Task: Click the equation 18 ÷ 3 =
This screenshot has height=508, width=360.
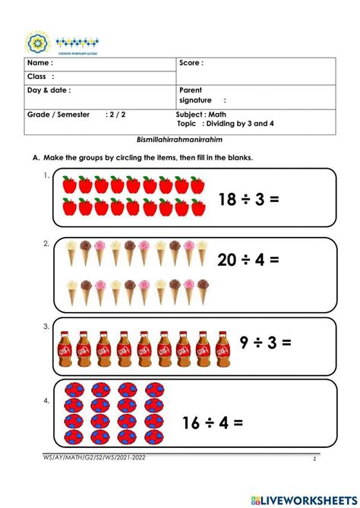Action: [x=249, y=200]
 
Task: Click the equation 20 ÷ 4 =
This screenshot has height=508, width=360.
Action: [x=248, y=260]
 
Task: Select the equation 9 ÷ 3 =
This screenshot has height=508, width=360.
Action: [x=265, y=342]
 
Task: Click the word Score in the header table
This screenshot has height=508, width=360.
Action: [x=191, y=63]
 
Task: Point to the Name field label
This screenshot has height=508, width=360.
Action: [x=40, y=63]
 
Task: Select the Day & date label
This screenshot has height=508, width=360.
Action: [x=49, y=90]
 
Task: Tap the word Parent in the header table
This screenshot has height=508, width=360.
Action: [x=191, y=90]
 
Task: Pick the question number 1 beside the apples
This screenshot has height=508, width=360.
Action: [x=46, y=175]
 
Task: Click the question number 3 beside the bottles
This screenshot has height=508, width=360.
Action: [x=46, y=327]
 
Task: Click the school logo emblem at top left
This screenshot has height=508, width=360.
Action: [x=36, y=43]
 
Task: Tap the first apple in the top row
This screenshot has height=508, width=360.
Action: [x=68, y=185]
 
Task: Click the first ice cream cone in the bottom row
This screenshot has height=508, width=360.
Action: [x=72, y=290]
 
